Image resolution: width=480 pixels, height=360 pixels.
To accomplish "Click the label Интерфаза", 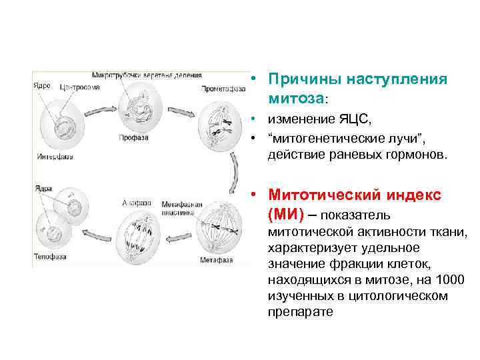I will pyautogui.click(x=55, y=157).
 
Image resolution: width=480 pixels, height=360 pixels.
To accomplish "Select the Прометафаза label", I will pyautogui.click(x=217, y=88).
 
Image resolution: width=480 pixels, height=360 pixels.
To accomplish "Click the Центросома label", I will pyautogui.click(x=80, y=87).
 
